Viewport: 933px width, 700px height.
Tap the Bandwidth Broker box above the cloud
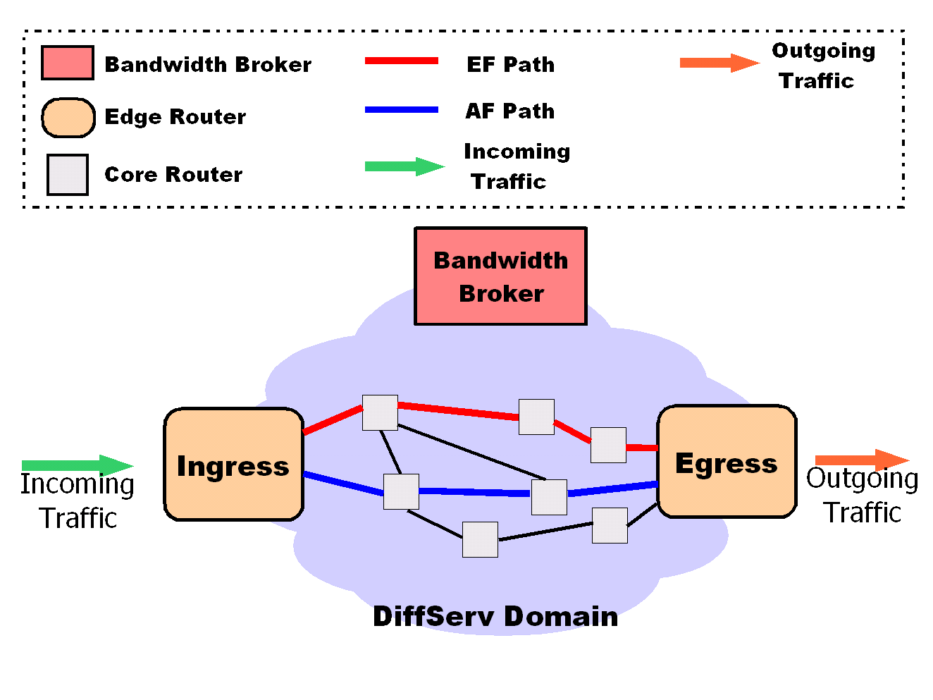coord(500,276)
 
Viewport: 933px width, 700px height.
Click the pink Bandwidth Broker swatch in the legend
coord(67,63)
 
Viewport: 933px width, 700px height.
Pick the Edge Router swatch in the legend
coord(68,117)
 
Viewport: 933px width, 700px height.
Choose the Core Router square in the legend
coord(68,175)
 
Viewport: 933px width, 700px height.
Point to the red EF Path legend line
coord(401,61)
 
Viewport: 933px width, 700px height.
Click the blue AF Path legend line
coord(401,110)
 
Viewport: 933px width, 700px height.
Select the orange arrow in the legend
coord(719,63)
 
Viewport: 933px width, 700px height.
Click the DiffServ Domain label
coord(495,616)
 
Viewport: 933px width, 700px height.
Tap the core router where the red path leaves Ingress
coord(380,412)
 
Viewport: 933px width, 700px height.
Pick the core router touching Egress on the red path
coord(608,445)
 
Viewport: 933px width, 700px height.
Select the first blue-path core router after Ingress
coord(401,491)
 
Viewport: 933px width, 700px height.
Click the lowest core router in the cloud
coord(480,539)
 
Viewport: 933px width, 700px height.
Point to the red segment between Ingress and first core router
coord(333,419)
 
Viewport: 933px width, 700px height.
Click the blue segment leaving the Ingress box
coord(343,483)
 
